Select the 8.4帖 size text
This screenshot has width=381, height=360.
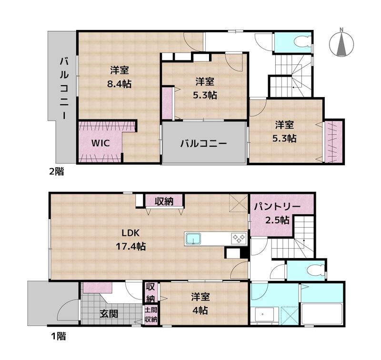tap(119, 84)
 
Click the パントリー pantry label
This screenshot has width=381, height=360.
tap(277, 207)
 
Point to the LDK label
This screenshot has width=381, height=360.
tap(130, 233)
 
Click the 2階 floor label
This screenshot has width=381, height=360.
tap(56, 172)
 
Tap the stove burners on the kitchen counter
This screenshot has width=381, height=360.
tap(238, 238)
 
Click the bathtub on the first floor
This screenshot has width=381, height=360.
tap(322, 314)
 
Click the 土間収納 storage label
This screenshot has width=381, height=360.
tap(151, 315)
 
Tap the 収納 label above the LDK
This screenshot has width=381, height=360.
tap(164, 201)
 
